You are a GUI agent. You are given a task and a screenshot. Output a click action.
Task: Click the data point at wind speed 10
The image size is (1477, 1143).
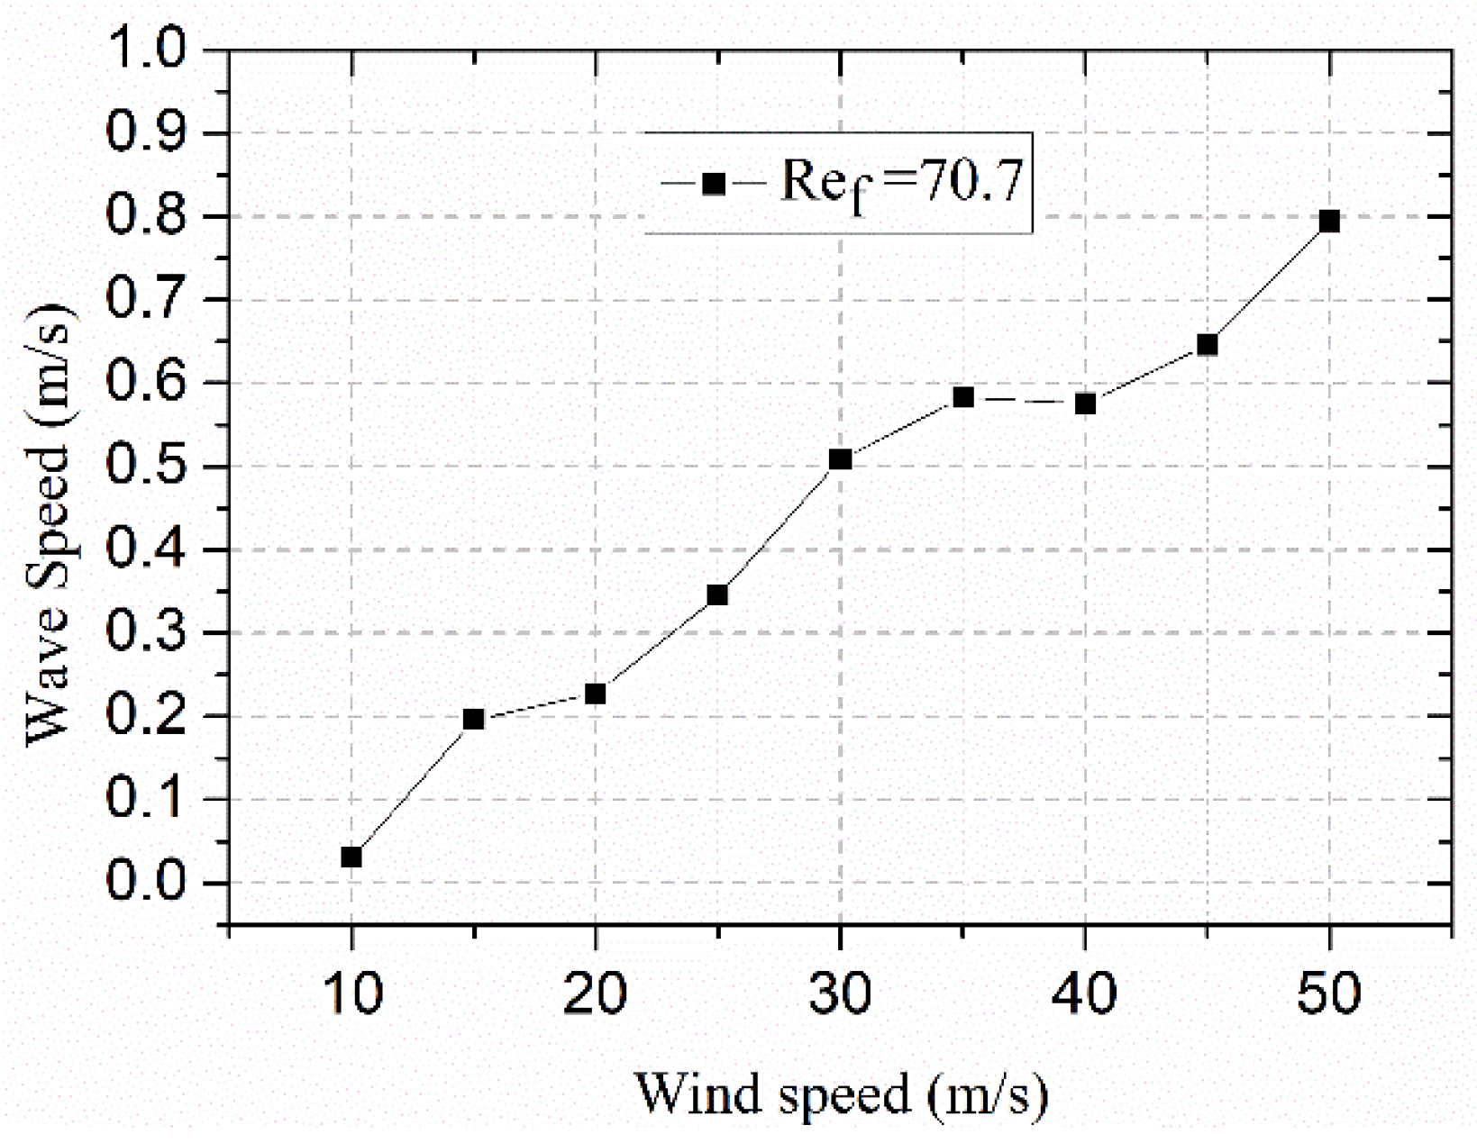coord(351,857)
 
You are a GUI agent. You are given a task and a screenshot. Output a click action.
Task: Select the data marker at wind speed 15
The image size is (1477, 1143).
coord(473,719)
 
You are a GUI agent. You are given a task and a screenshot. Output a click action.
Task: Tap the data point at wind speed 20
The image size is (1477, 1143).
coord(595,694)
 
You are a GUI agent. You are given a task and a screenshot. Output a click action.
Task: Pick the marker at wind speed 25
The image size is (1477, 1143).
coord(717,594)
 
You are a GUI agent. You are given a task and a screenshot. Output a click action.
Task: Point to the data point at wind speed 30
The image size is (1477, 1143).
coord(840,459)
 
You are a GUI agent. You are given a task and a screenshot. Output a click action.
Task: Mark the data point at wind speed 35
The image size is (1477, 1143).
coord(962,397)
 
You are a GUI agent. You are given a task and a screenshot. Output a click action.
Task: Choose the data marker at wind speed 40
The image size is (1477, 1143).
coord(1085,404)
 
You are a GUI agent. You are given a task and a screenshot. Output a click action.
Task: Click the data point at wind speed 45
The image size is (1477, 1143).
coord(1207,345)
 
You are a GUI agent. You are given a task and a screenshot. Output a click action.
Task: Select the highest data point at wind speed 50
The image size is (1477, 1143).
coord(1329,221)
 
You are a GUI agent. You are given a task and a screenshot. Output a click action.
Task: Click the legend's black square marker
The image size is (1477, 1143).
coord(713,184)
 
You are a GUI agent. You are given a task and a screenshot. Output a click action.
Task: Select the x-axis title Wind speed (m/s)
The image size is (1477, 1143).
coord(841,1095)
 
